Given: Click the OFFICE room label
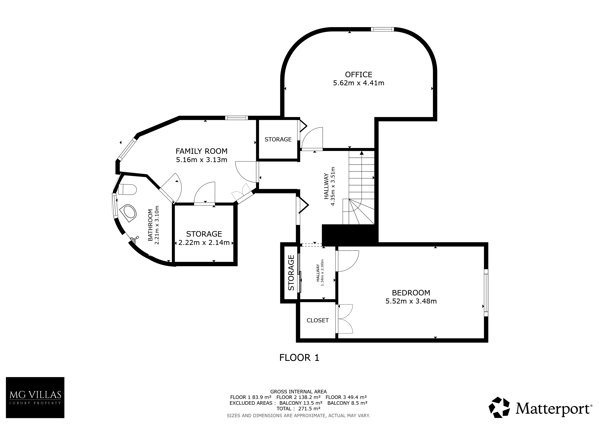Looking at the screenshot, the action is tap(358, 75).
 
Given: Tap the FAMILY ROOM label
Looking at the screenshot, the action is tap(201, 151).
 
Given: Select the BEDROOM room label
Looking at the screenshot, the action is tap(411, 293).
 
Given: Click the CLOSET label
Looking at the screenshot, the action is tap(317, 320).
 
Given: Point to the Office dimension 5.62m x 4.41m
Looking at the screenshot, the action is tap(358, 83).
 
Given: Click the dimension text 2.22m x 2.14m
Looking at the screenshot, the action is tap(204, 243).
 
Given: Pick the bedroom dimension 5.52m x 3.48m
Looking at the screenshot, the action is tap(411, 301).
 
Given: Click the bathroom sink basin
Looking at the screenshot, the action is tap(129, 213).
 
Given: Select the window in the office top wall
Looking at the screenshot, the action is tap(382, 29).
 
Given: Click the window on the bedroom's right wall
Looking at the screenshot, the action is tap(486, 293).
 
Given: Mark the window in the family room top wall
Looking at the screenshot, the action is tap(236, 118).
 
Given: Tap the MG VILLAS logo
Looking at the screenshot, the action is tap(35, 397).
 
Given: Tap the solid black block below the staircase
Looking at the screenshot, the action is tap(350, 234).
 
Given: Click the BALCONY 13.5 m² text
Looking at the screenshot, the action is tap(301, 403).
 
